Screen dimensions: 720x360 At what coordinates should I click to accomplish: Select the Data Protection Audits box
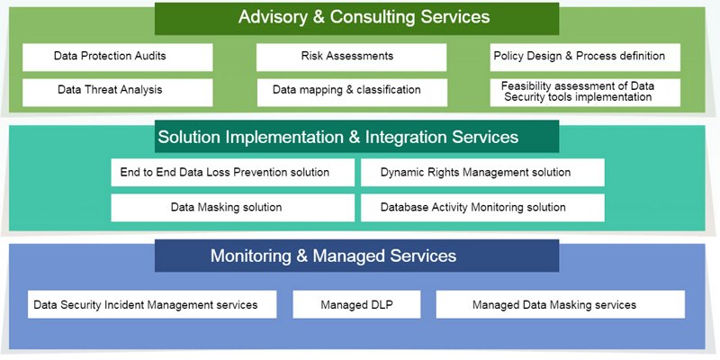point(118,58)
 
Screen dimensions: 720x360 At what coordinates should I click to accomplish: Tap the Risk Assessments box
point(351,58)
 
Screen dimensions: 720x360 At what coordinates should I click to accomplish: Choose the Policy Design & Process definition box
point(585,58)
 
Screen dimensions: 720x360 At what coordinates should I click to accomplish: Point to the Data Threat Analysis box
point(118,93)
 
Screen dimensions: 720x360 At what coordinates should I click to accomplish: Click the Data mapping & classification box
point(352,93)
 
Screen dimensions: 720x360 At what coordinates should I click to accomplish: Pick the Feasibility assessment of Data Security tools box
point(585,93)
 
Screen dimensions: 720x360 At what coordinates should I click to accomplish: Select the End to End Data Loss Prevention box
point(233,172)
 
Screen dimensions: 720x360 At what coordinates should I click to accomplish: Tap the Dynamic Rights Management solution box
point(482,172)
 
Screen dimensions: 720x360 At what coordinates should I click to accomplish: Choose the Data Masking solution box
point(233,208)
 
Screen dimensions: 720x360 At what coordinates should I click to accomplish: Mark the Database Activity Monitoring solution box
point(482,208)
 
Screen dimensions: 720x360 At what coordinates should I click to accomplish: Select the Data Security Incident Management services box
point(152,304)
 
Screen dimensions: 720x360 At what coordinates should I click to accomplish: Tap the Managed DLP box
point(356,304)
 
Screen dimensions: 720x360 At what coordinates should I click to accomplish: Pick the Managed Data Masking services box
point(560,304)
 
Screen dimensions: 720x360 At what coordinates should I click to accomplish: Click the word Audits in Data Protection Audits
point(150,56)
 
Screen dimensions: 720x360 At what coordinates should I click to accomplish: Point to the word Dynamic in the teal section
point(400,173)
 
